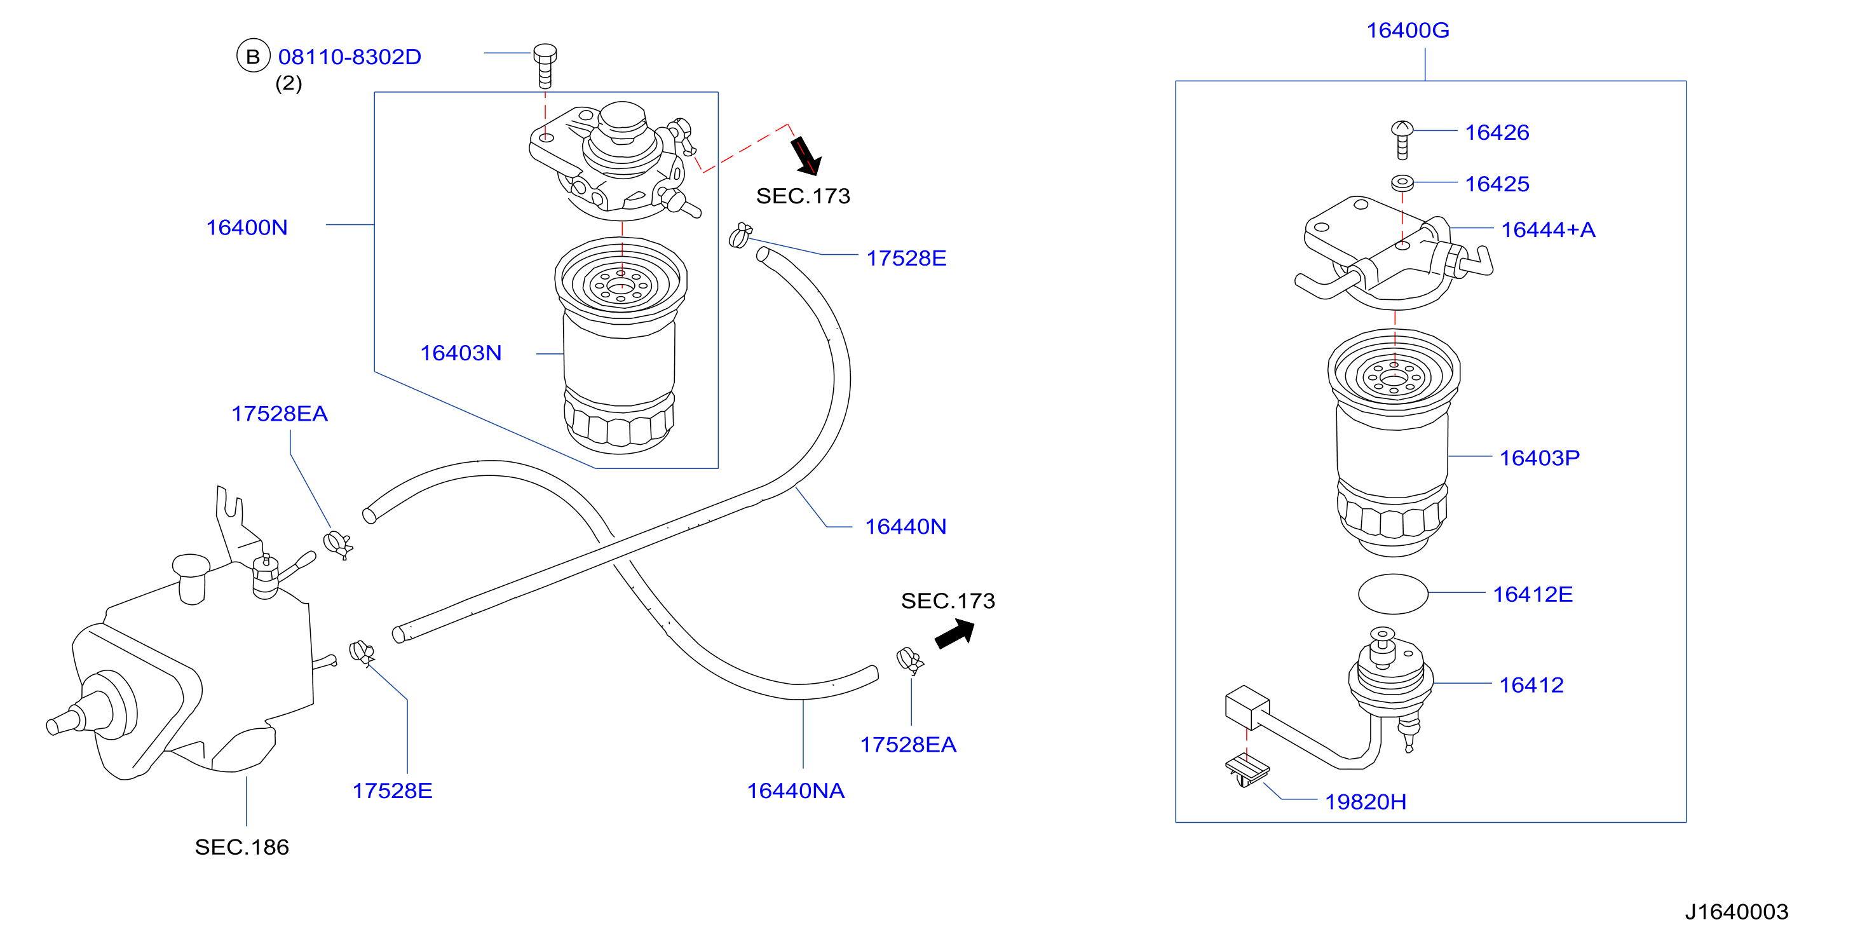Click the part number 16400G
[x=1408, y=31]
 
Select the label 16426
[x=1497, y=132]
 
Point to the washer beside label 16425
[x=1402, y=182]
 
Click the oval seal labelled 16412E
[x=1393, y=594]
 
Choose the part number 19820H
[x=1366, y=801]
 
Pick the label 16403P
[x=1540, y=458]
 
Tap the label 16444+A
[x=1548, y=229]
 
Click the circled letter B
[x=253, y=57]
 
